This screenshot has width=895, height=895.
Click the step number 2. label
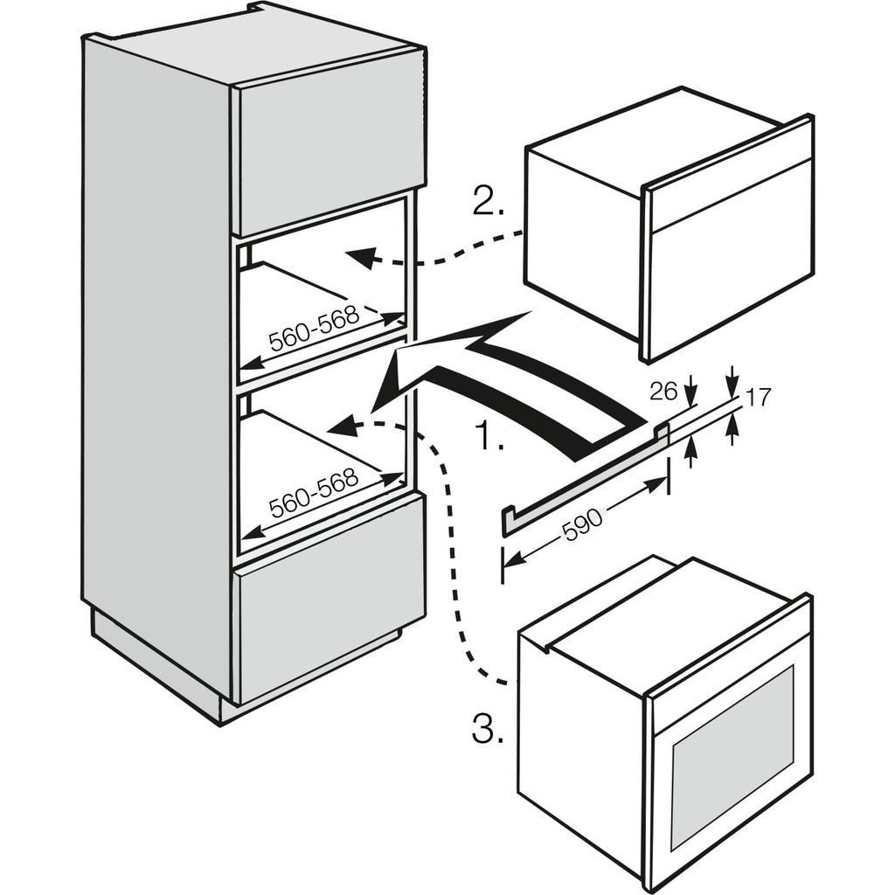pyautogui.click(x=488, y=203)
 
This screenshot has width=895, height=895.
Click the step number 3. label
pyautogui.click(x=488, y=729)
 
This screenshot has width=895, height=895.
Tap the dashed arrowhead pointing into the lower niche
pyautogui.click(x=342, y=426)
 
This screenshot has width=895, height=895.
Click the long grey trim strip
pyautogui.click(x=586, y=476)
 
